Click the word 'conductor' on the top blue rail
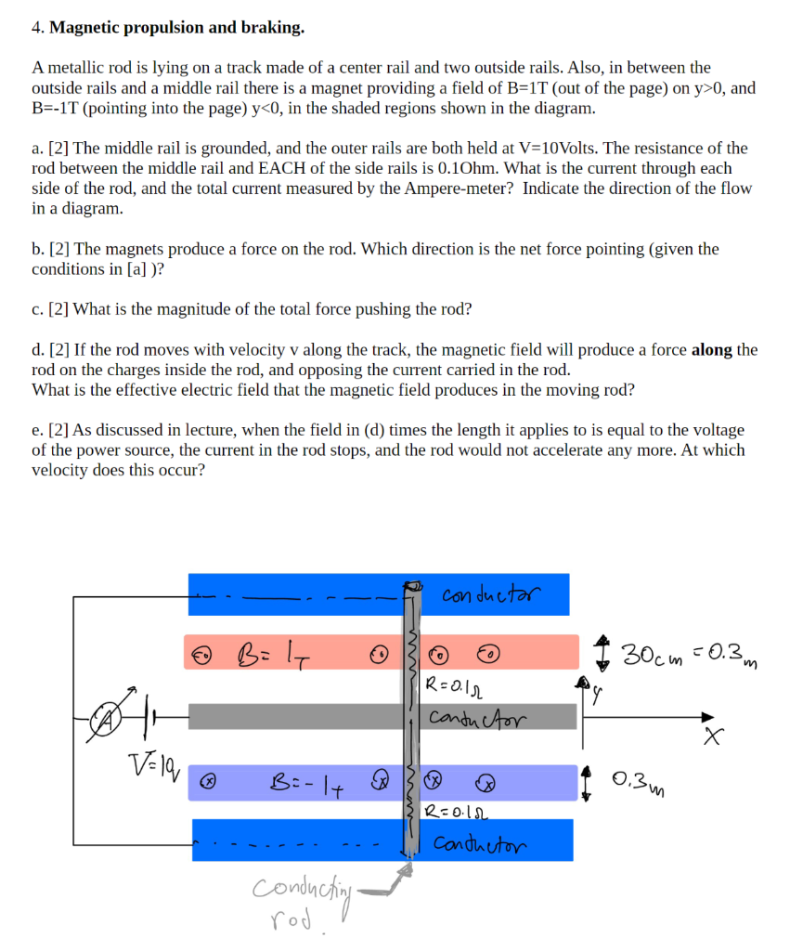490,593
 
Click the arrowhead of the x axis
708,716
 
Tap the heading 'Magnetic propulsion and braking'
176,27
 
